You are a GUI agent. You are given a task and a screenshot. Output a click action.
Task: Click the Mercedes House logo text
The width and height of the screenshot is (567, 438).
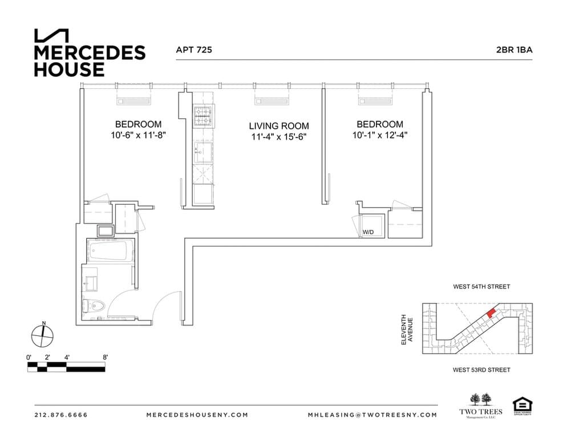coord(90,60)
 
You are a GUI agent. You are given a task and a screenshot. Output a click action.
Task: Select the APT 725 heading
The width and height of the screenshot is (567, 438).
coord(194,50)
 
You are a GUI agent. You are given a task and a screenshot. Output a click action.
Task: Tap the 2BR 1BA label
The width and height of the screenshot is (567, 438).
coord(514,50)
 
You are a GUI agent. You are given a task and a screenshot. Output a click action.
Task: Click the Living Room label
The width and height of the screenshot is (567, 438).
coord(278,126)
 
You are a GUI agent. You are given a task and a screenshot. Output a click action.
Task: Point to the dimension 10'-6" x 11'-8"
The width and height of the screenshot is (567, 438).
coord(138,136)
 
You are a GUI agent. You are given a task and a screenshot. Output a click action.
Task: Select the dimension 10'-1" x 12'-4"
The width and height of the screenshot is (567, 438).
coord(379,136)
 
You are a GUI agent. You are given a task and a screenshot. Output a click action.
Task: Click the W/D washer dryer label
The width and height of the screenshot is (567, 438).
coord(368,232)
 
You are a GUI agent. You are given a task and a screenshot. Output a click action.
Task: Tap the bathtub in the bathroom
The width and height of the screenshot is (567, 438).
coord(109,251)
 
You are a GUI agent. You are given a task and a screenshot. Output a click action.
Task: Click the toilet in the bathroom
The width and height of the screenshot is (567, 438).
coord(94,307)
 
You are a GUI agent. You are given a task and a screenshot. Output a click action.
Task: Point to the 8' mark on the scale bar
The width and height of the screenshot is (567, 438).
coord(105,357)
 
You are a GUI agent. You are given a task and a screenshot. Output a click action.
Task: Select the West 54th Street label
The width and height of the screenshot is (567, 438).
coord(481,287)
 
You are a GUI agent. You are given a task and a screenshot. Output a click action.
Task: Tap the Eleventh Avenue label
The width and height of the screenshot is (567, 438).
coord(407,329)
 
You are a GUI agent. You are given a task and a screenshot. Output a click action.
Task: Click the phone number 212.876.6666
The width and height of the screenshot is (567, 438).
coord(61,415)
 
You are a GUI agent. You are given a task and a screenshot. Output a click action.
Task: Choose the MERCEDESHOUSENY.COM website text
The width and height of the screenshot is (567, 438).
coord(197,415)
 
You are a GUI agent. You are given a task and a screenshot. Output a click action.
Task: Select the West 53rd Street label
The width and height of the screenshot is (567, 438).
coord(481,370)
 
